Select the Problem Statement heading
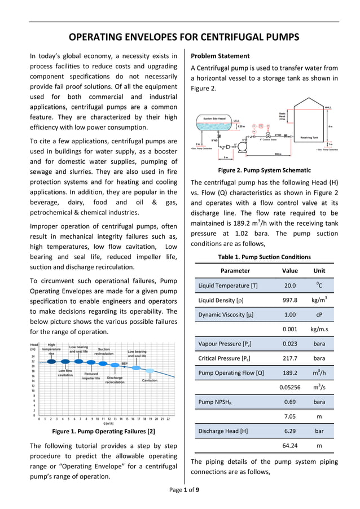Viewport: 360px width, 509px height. pyautogui.click(x=220, y=56)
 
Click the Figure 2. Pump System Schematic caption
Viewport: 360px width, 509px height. pyautogui.click(x=264, y=170)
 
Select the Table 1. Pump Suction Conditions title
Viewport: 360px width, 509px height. pyautogui.click(x=264, y=257)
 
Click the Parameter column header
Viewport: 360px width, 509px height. pyautogui.click(x=235, y=271)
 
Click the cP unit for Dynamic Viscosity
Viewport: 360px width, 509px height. pyautogui.click(x=319, y=314)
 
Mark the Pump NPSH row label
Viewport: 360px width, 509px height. pyautogui.click(x=215, y=402)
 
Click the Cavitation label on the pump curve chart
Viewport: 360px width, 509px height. pyautogui.click(x=150, y=380)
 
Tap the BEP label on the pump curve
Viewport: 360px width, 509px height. pyautogui.click(x=124, y=363)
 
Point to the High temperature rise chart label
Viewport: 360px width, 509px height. pyautogui.click(x=51, y=349)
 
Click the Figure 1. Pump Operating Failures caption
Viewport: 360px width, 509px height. pyautogui.click(x=103, y=431)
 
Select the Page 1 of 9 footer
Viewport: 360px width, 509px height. pyautogui.click(x=184, y=489)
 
